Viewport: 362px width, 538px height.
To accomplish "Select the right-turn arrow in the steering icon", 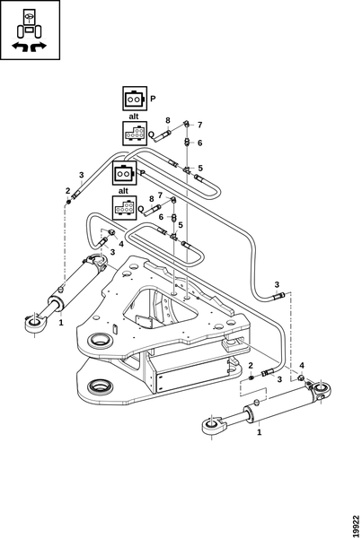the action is click(38, 47).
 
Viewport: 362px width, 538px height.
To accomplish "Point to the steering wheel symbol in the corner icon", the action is click(30, 15).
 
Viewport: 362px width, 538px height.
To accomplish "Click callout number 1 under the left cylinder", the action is click(61, 323).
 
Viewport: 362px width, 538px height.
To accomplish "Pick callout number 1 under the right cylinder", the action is click(260, 432).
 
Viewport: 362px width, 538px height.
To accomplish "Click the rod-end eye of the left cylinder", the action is click(34, 323).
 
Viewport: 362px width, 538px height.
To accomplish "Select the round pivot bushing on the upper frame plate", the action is click(100, 341).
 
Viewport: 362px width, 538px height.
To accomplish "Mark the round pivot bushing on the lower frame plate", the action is click(101, 386).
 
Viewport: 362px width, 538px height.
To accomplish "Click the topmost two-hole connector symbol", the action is click(135, 99).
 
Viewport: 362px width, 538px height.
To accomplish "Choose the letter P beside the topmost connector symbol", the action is click(153, 99).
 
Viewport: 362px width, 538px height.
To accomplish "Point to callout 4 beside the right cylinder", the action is click(302, 366).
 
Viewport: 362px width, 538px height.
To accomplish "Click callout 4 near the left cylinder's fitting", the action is click(121, 244).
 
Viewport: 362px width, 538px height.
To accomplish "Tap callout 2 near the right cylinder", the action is click(251, 366).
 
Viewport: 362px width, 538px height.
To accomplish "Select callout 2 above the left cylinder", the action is click(67, 191).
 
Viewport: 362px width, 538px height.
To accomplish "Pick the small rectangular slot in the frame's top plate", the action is click(115, 329).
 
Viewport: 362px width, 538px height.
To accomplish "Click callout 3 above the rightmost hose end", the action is click(277, 285).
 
